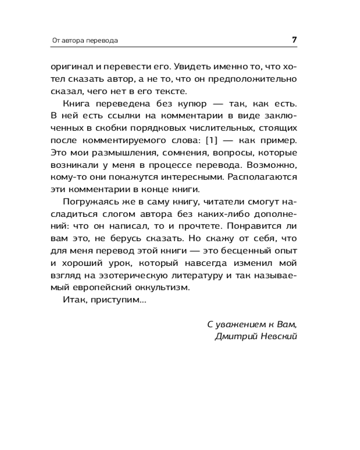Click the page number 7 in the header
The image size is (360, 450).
tap(294, 40)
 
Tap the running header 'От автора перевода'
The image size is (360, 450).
tap(85, 40)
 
